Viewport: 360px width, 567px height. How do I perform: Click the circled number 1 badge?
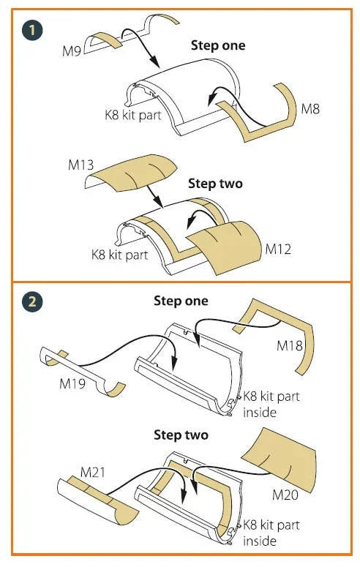32,30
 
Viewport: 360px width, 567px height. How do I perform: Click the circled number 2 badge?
32,301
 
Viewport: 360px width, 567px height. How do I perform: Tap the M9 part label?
72,51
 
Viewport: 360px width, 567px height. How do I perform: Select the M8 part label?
310,108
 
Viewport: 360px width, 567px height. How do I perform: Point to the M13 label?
80,165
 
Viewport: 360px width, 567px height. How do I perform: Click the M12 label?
278,249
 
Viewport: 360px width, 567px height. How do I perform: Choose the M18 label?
290,346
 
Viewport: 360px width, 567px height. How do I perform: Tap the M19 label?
72,383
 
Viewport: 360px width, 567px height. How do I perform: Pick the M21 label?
93,473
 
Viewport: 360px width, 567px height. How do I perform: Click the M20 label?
285,495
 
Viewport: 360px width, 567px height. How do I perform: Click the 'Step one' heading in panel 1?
218,45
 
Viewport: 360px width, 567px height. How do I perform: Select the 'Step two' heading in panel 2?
181,435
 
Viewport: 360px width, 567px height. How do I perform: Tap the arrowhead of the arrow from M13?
159,203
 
